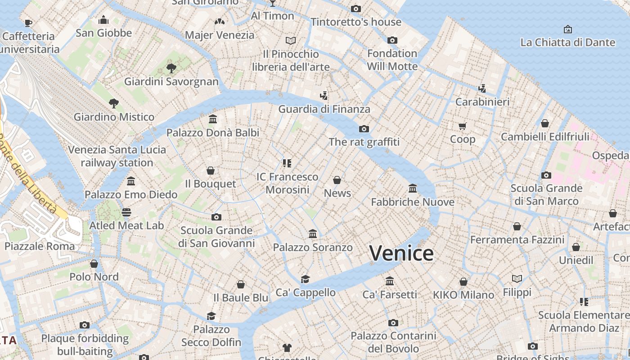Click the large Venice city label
tap(401, 253)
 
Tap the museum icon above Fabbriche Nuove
tap(413, 188)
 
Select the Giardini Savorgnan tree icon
tap(171, 68)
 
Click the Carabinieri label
tap(482, 102)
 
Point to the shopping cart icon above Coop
tap(463, 126)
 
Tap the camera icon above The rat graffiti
tap(364, 129)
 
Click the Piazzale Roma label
tap(40, 246)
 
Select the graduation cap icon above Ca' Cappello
tap(306, 279)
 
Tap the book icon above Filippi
tap(517, 279)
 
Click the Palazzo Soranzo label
tap(313, 247)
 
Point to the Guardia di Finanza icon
tap(324, 95)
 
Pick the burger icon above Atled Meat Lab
tap(126, 212)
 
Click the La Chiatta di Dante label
tap(567, 42)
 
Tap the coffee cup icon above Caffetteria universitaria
tap(28, 23)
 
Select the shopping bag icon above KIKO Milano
tap(463, 282)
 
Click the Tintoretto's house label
tap(355, 22)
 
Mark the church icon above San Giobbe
tap(103, 20)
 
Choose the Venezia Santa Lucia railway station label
tap(117, 156)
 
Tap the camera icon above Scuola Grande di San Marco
tap(546, 175)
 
